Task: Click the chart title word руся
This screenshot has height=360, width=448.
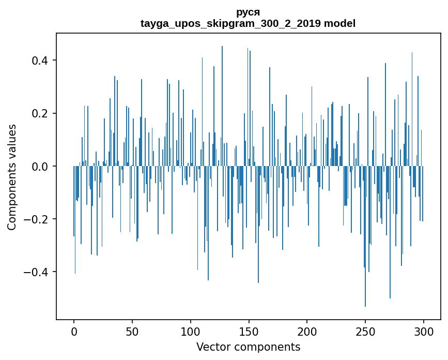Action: [x=248, y=12]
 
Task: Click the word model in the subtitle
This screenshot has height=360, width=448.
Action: [x=339, y=23]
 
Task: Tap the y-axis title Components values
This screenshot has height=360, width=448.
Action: [x=12, y=177]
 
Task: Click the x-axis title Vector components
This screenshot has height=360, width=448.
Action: [x=248, y=347]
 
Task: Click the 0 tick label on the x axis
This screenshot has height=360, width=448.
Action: [x=74, y=332]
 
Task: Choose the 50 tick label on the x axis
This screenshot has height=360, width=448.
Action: [x=132, y=332]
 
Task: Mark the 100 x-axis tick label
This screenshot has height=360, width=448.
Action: [x=191, y=332]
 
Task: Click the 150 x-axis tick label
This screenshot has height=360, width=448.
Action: [x=249, y=332]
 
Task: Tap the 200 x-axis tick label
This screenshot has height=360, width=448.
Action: [x=307, y=332]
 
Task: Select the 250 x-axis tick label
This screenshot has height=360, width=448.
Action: [x=365, y=332]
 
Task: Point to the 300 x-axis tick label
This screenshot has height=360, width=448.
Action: [x=424, y=332]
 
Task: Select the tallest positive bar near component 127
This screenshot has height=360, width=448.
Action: [x=222, y=103]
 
